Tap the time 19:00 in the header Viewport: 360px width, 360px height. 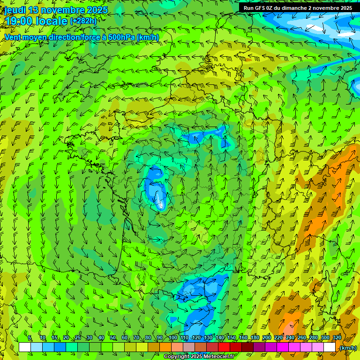click(19, 21)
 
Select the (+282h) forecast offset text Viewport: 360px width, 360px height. click(83, 21)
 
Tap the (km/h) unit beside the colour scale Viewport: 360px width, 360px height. click(347, 347)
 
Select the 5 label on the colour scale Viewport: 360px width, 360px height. click(30, 338)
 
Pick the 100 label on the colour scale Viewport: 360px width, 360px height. click(172, 338)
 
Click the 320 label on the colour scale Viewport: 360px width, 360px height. click(337, 338)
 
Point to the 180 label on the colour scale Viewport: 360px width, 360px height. click(255, 338)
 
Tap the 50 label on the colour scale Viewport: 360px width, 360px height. click(113, 338)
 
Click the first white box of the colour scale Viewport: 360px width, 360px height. click(25, 347)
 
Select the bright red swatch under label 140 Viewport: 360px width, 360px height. click(224, 347)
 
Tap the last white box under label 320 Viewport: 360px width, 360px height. click(330, 347)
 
